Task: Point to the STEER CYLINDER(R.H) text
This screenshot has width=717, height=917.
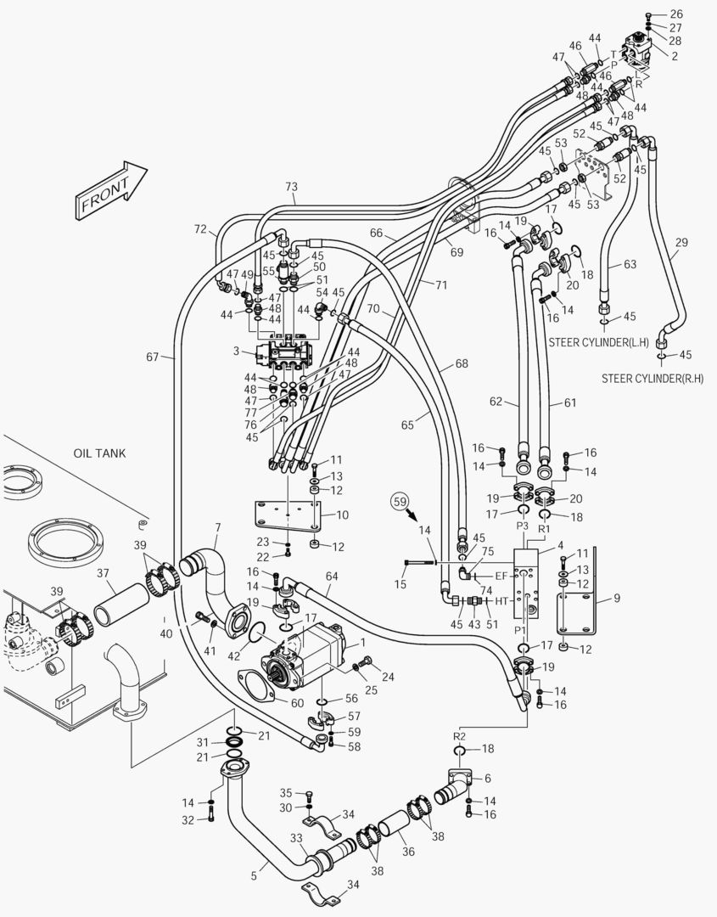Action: tap(652, 378)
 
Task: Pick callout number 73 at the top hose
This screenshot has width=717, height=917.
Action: tap(291, 186)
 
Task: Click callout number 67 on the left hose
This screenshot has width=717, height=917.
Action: tap(152, 357)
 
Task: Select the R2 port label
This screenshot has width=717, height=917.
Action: tap(459, 735)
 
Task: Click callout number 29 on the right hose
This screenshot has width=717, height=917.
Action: tap(681, 243)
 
